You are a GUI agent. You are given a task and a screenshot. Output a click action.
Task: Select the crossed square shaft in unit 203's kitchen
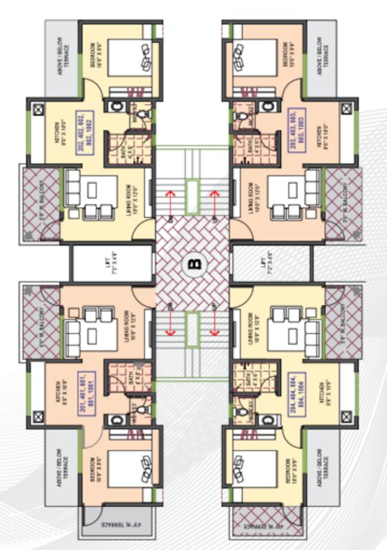[347, 110]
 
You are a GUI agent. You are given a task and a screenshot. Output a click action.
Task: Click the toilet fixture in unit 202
[143, 115]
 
